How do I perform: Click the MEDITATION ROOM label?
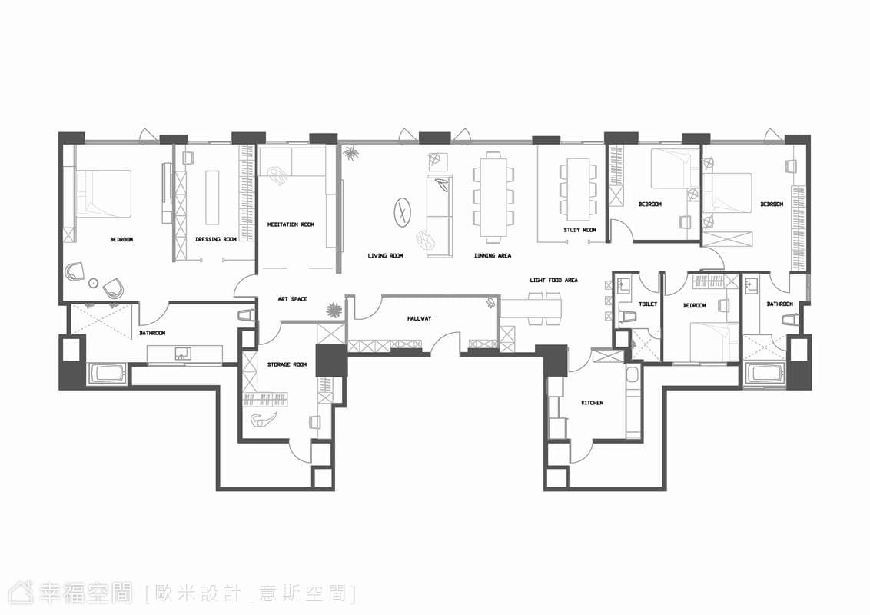(x=291, y=224)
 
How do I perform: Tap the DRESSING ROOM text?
(x=216, y=239)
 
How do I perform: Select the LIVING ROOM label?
(x=385, y=256)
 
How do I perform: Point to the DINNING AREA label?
(x=493, y=256)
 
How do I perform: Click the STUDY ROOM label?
(x=579, y=230)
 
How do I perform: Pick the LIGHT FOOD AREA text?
(x=553, y=281)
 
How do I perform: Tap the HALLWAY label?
(x=419, y=318)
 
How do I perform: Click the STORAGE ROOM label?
(x=287, y=364)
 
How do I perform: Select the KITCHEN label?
(x=592, y=402)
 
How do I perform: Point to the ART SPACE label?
(x=292, y=299)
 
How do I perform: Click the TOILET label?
(x=648, y=304)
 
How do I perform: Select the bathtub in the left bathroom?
(x=108, y=373)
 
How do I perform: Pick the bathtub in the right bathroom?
(x=766, y=373)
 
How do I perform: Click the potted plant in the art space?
(x=334, y=310)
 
